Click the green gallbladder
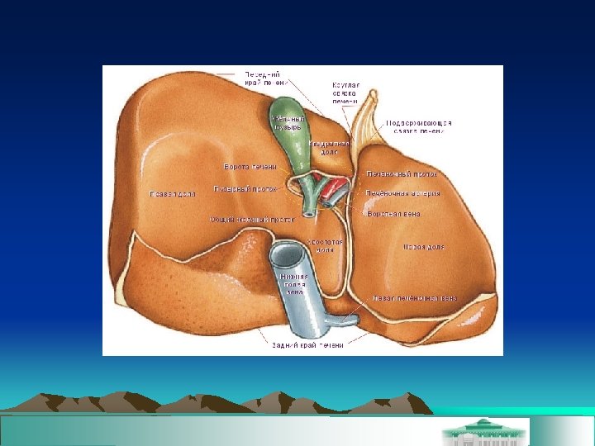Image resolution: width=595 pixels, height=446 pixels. tap(291, 140)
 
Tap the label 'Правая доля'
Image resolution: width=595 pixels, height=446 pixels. tap(172, 194)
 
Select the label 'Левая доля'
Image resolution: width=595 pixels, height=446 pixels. tap(423, 246)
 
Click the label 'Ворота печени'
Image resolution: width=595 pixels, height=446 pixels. tap(250, 168)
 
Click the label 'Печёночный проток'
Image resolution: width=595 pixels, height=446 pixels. tap(402, 175)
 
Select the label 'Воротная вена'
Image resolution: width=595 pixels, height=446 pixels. tap(394, 214)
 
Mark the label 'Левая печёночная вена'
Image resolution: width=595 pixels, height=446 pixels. tap(414, 297)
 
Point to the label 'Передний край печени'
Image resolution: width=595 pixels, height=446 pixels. tap(264, 78)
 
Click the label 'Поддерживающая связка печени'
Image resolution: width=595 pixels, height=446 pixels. tap(419, 126)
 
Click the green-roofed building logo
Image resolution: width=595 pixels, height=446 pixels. tap(485, 430)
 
